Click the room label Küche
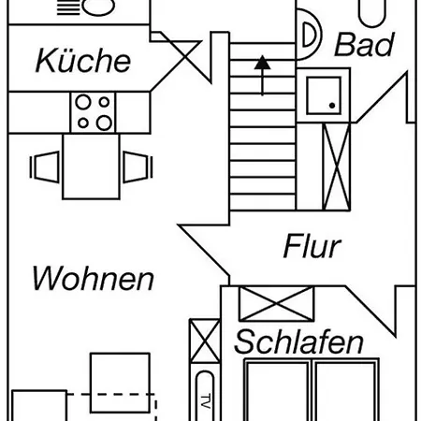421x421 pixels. tap(83, 60)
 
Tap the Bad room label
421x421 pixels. tap(365, 44)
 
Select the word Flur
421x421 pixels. tap(312, 246)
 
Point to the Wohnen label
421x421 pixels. tap(93, 278)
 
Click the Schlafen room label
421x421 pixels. tap(298, 341)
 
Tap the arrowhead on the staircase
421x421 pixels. tap(262, 63)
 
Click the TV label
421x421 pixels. tap(205, 401)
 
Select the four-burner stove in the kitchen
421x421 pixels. tap(93, 112)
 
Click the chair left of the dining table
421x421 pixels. tap(44, 167)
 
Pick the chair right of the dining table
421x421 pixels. tap(138, 167)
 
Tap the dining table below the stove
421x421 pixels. tap(91, 167)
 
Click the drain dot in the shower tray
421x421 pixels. tap(332, 106)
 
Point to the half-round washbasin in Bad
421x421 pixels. tap(309, 35)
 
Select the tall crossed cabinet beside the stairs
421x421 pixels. tap(336, 167)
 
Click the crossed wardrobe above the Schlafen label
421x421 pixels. tap(276, 303)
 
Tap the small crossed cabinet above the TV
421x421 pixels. tap(205, 341)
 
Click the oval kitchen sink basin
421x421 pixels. tap(98, 7)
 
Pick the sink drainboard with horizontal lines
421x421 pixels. tap(68, 7)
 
